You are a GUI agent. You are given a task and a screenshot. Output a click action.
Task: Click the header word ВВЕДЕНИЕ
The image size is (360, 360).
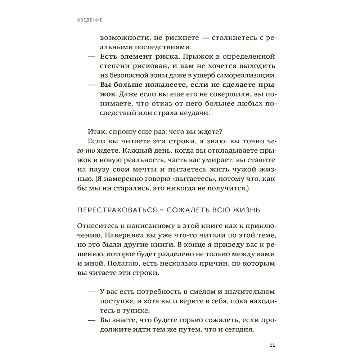click(x=90, y=20)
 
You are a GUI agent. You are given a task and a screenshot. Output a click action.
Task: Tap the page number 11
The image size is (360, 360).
click(x=272, y=346)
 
